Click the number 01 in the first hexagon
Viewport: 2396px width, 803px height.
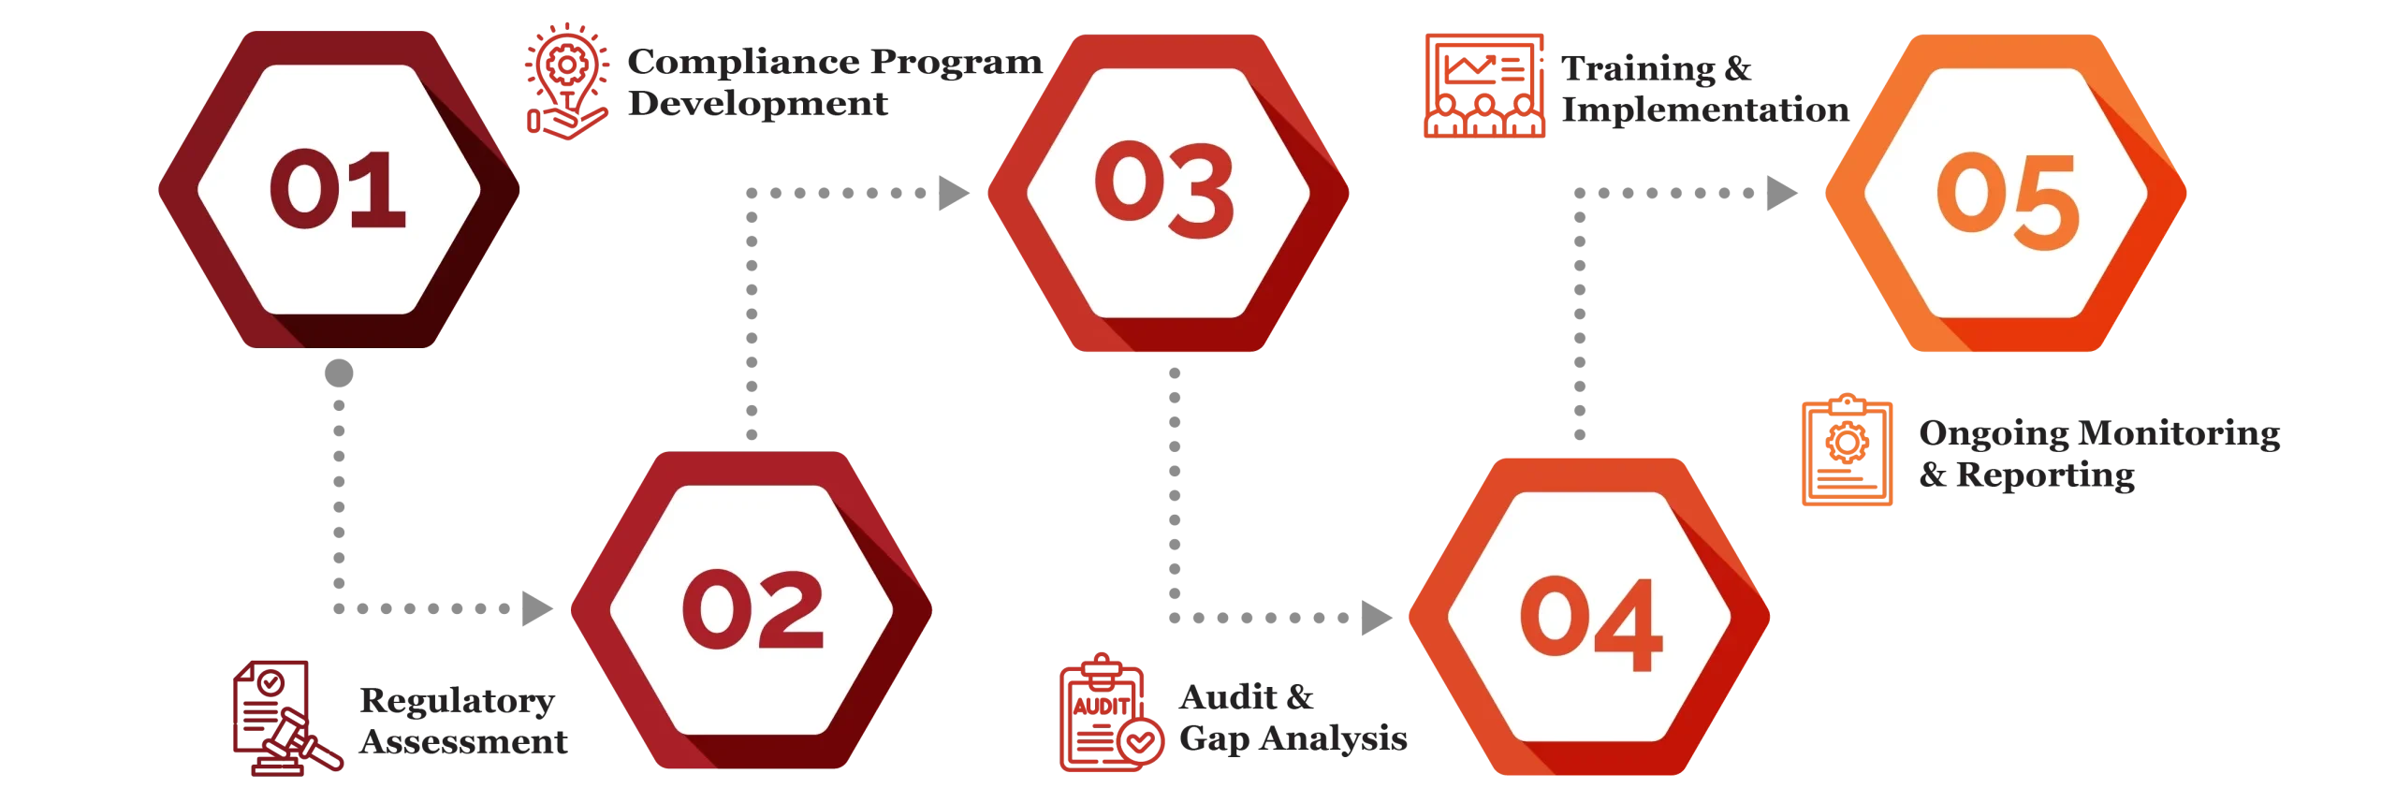(338, 190)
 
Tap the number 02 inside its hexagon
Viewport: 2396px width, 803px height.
(752, 610)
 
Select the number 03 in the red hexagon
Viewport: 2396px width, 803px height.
(1164, 189)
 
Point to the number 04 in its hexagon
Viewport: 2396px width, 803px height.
(1591, 623)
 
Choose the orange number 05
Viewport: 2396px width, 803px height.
(2007, 200)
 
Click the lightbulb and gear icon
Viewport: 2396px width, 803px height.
(566, 81)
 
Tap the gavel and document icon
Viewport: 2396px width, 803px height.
(286, 718)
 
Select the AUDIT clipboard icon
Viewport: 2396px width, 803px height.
(1111, 713)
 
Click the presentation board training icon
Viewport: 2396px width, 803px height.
(1483, 86)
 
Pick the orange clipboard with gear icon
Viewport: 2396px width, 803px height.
(1847, 450)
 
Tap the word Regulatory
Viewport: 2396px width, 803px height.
(458, 702)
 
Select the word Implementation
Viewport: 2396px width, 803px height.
(1705, 110)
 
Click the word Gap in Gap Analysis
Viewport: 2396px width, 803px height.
(1214, 739)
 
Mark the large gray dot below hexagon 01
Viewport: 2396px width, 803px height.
(339, 373)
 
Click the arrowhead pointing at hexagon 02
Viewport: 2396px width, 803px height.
(537, 608)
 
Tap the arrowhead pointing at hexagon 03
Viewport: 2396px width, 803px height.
(954, 193)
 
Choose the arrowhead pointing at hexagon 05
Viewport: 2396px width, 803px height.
(1782, 193)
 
